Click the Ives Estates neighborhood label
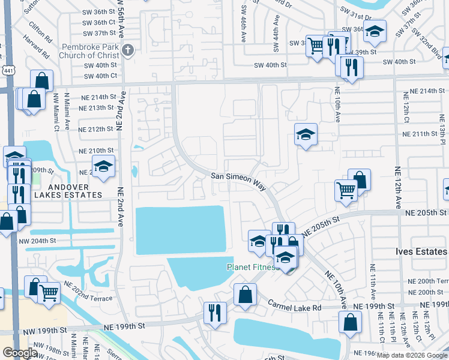click(x=421, y=252)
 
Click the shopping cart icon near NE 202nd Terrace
click(x=49, y=292)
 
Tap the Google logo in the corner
click(x=20, y=353)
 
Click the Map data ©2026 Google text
click(x=412, y=355)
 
